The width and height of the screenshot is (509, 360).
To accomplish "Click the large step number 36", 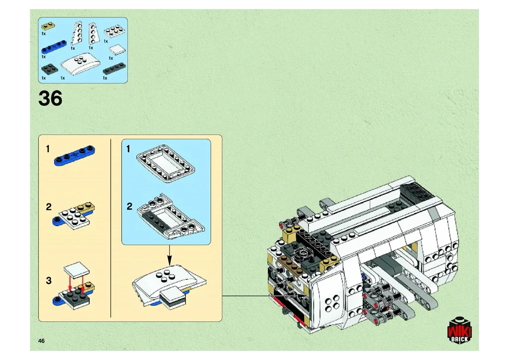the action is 50,98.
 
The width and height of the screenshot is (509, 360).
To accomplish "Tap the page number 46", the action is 41,341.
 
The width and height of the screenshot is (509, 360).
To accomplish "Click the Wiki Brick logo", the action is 459,330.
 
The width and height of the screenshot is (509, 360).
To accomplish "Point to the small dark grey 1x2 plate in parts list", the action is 50,68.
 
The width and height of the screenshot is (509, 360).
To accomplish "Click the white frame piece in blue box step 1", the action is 165,163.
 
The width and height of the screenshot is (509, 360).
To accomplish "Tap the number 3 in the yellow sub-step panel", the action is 49,280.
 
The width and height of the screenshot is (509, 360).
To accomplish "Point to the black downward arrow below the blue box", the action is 169,255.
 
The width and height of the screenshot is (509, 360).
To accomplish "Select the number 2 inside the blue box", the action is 130,206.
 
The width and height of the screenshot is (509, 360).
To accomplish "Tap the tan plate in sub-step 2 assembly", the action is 85,207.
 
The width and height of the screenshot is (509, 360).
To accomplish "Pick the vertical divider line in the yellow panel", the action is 111,228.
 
